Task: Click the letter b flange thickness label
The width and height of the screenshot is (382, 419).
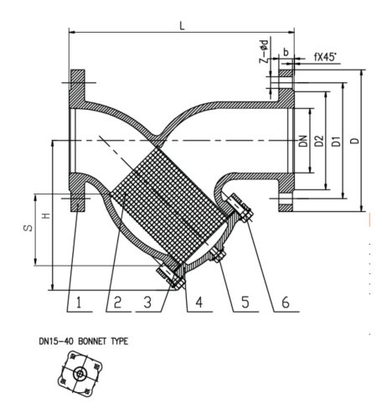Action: [x=286, y=52]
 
